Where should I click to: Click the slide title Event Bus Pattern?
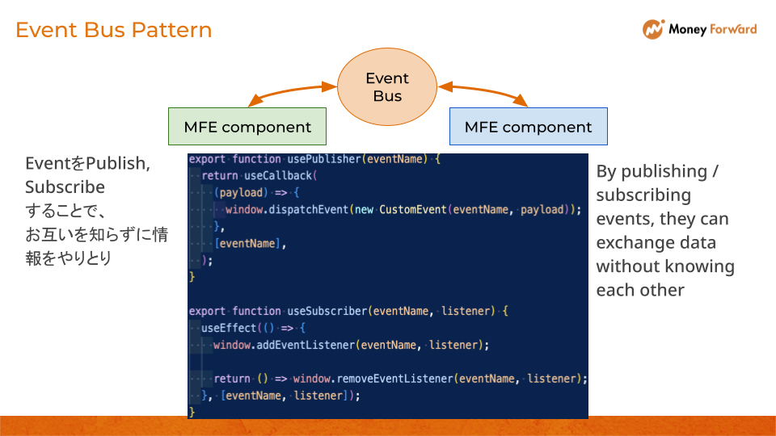coord(114,30)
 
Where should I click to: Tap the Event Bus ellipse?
coord(387,87)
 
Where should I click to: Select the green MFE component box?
coord(247,127)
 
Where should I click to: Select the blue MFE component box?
coord(528,127)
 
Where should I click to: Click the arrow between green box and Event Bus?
coord(292,92)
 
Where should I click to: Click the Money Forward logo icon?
coord(653,30)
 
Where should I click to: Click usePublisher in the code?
coord(323,159)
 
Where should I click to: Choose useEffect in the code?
coord(228,328)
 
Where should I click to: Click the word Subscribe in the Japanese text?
coord(65,187)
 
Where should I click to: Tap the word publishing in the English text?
coord(663,171)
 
